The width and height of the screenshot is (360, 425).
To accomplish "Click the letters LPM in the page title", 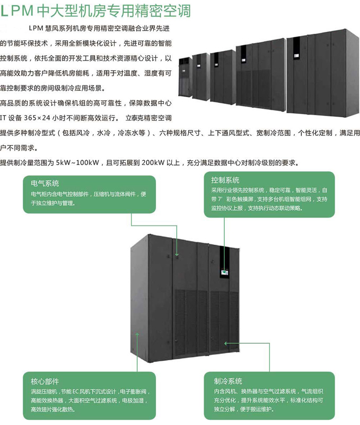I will pos(18,11).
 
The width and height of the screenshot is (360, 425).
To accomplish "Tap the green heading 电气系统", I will pos(45,183).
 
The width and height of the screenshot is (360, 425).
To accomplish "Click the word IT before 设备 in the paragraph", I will pos(4,117).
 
